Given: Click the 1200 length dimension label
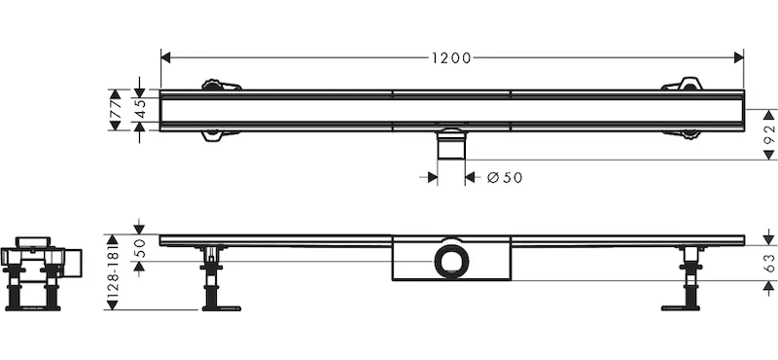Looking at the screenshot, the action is (451, 58).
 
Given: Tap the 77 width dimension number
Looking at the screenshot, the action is (116, 110).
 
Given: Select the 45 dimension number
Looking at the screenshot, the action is (140, 110).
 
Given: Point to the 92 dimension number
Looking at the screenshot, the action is (769, 135).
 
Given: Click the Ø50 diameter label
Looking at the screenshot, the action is (505, 178).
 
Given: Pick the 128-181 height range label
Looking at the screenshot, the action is (113, 272).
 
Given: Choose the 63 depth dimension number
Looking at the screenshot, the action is (769, 263).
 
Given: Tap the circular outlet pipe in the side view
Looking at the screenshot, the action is (451, 258).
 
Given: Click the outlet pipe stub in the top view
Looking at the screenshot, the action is (451, 144).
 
